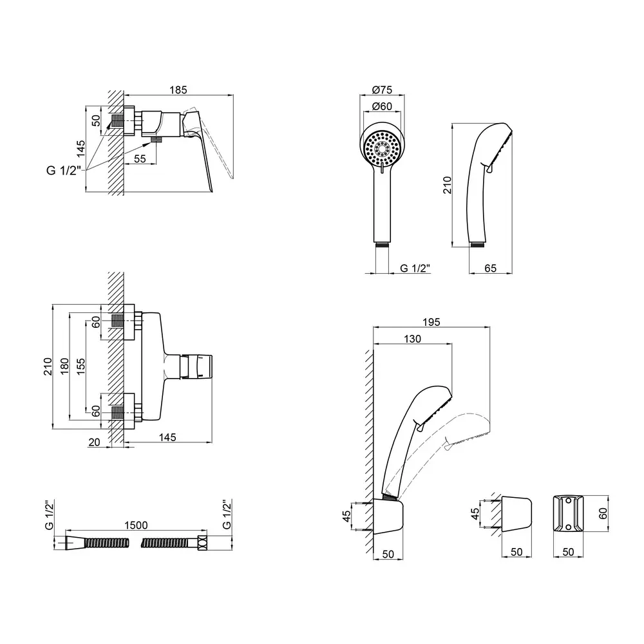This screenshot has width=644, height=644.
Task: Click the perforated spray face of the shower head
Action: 383,147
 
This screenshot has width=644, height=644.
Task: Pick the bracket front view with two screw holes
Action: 569,514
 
